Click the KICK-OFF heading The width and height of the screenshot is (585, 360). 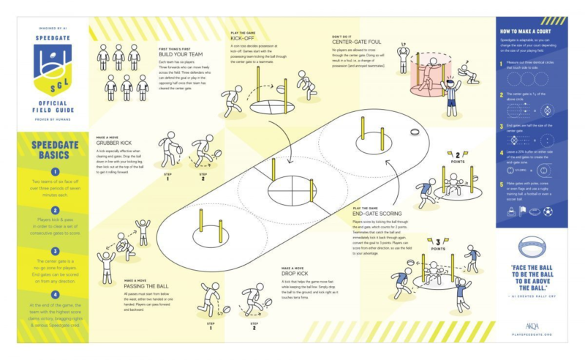242,37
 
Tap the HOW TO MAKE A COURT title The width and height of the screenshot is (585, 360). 530,32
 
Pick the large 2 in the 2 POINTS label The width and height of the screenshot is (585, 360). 458,154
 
